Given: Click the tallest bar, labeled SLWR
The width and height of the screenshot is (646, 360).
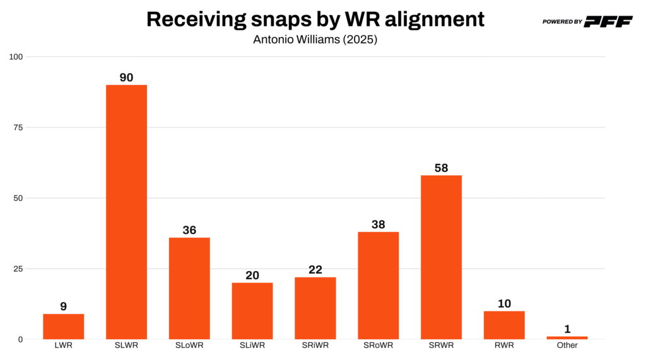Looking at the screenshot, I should pos(126,212).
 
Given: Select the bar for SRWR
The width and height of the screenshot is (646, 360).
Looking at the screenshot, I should pos(441,257).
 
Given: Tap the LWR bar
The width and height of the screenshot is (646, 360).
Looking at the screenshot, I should pos(63,327).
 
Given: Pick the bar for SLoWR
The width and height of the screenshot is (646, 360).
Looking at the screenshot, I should pos(189,288).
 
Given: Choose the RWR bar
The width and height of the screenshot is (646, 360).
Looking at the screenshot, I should pos(504,325).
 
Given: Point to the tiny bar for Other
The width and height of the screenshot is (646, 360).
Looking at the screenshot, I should pos(567,338).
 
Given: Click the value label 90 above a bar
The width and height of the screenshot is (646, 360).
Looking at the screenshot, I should pos(126,78).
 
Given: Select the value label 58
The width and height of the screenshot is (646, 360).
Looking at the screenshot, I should pos(441,168).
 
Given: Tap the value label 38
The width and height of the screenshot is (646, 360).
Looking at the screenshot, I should pos(378,224).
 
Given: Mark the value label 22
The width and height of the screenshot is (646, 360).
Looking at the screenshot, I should pos(315,270).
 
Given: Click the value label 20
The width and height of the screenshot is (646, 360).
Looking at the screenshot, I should pos(252,276).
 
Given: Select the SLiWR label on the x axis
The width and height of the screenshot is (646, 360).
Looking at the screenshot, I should pos(252,345).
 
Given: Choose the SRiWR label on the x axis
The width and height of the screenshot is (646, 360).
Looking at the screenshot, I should pos(315,345).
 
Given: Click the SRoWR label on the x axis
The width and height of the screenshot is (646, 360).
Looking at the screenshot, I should pos(378,345).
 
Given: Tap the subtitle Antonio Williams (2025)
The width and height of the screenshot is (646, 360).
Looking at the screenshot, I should pos(315,39).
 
